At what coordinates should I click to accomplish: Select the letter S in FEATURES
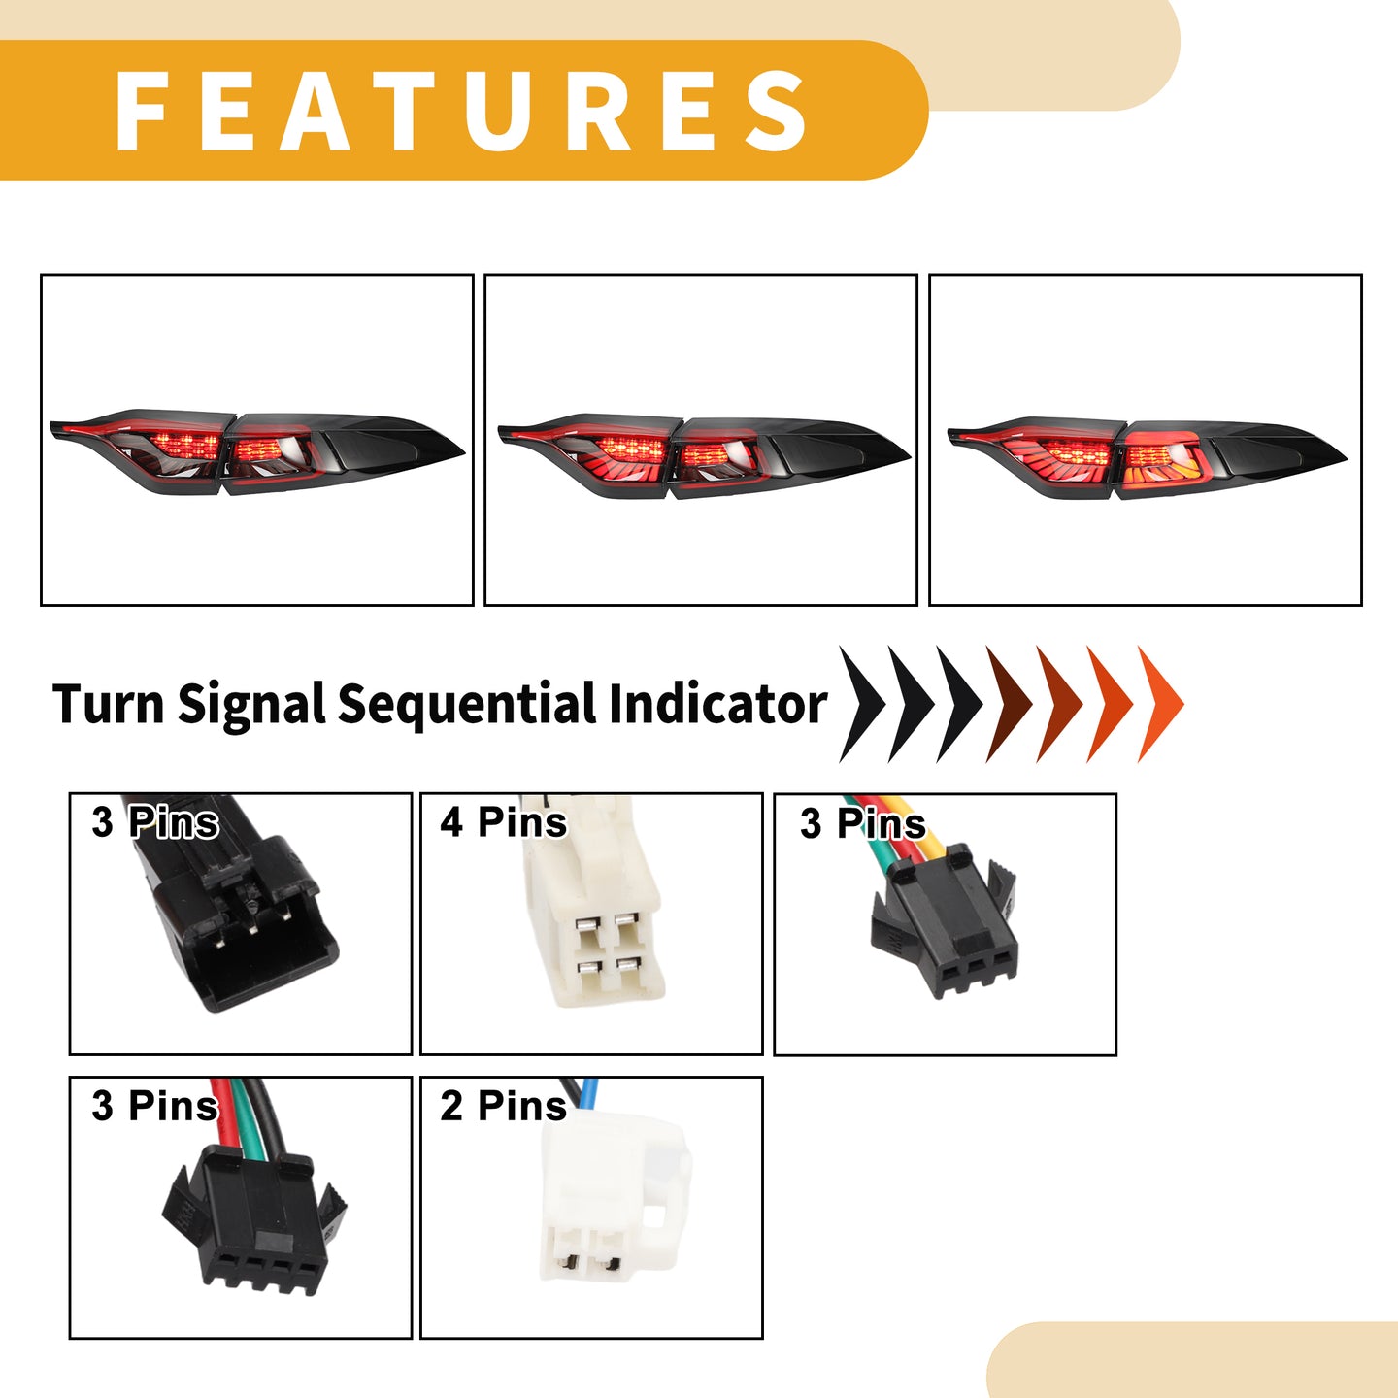[x=777, y=111]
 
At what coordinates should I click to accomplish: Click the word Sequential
[x=466, y=705]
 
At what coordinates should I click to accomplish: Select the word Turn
[x=109, y=704]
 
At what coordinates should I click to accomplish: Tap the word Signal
[x=251, y=705]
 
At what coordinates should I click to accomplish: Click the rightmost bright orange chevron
[x=1161, y=704]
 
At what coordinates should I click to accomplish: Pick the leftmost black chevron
[x=863, y=704]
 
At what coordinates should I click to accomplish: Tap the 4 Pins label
[x=504, y=822]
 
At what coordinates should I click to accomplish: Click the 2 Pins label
[x=504, y=1107]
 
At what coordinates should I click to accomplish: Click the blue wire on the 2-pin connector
[x=589, y=1092]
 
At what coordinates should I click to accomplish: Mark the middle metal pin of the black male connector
[x=251, y=926]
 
